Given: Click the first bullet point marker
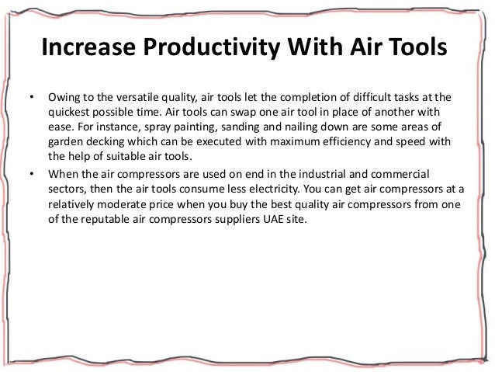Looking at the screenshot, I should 31,99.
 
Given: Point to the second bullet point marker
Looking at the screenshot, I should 31,173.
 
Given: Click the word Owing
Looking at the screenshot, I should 64,99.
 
